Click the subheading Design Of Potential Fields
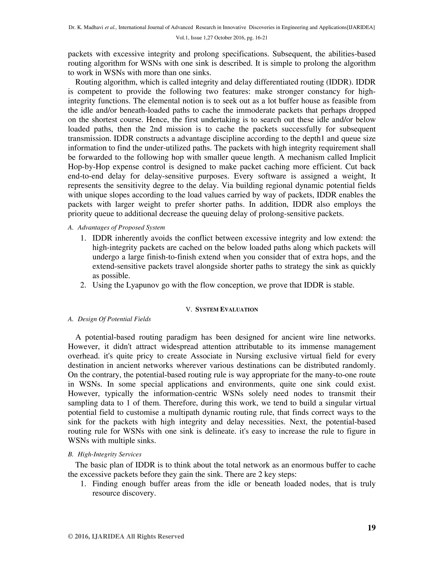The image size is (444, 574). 114,319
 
